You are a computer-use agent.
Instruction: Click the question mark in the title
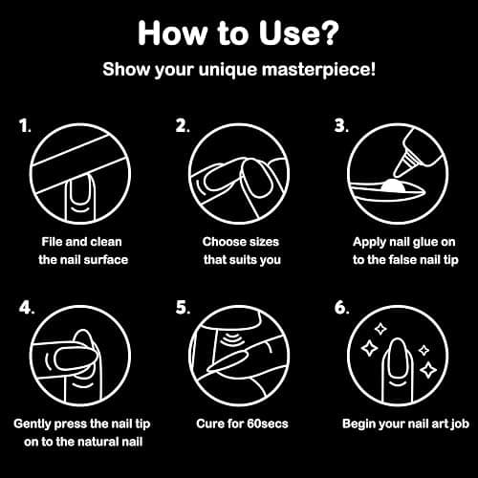pyautogui.click(x=327, y=33)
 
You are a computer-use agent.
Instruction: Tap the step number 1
pyautogui.click(x=25, y=126)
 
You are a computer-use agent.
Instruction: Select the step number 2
pyautogui.click(x=182, y=126)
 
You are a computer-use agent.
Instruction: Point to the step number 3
pyautogui.click(x=341, y=126)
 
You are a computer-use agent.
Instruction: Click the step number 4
pyautogui.click(x=26, y=308)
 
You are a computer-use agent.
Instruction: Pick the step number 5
pyautogui.click(x=183, y=308)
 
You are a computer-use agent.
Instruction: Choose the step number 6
pyautogui.click(x=341, y=308)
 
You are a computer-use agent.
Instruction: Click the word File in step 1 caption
pyautogui.click(x=52, y=242)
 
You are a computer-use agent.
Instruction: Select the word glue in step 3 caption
pyautogui.click(x=423, y=243)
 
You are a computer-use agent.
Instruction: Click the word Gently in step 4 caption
pyautogui.click(x=33, y=424)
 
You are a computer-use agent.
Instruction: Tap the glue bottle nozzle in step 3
pyautogui.click(x=402, y=165)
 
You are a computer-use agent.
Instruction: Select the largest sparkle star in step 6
pyautogui.click(x=370, y=348)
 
